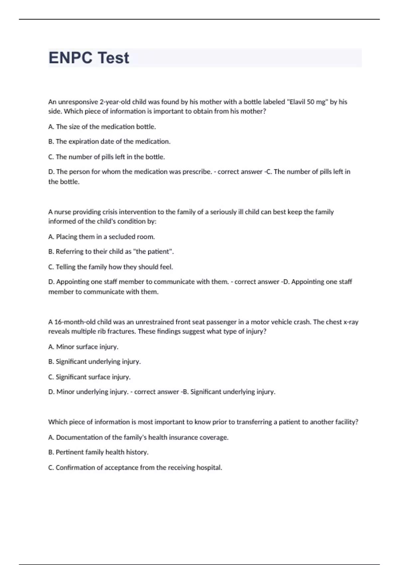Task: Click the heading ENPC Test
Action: click(x=89, y=58)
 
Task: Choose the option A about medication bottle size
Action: click(x=102, y=127)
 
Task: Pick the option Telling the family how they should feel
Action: click(x=111, y=267)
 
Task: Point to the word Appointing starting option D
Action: click(x=72, y=282)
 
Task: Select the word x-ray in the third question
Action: click(x=350, y=322)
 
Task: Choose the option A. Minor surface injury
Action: click(x=83, y=347)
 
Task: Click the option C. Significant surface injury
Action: click(x=89, y=377)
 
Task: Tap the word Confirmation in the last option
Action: click(x=75, y=468)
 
